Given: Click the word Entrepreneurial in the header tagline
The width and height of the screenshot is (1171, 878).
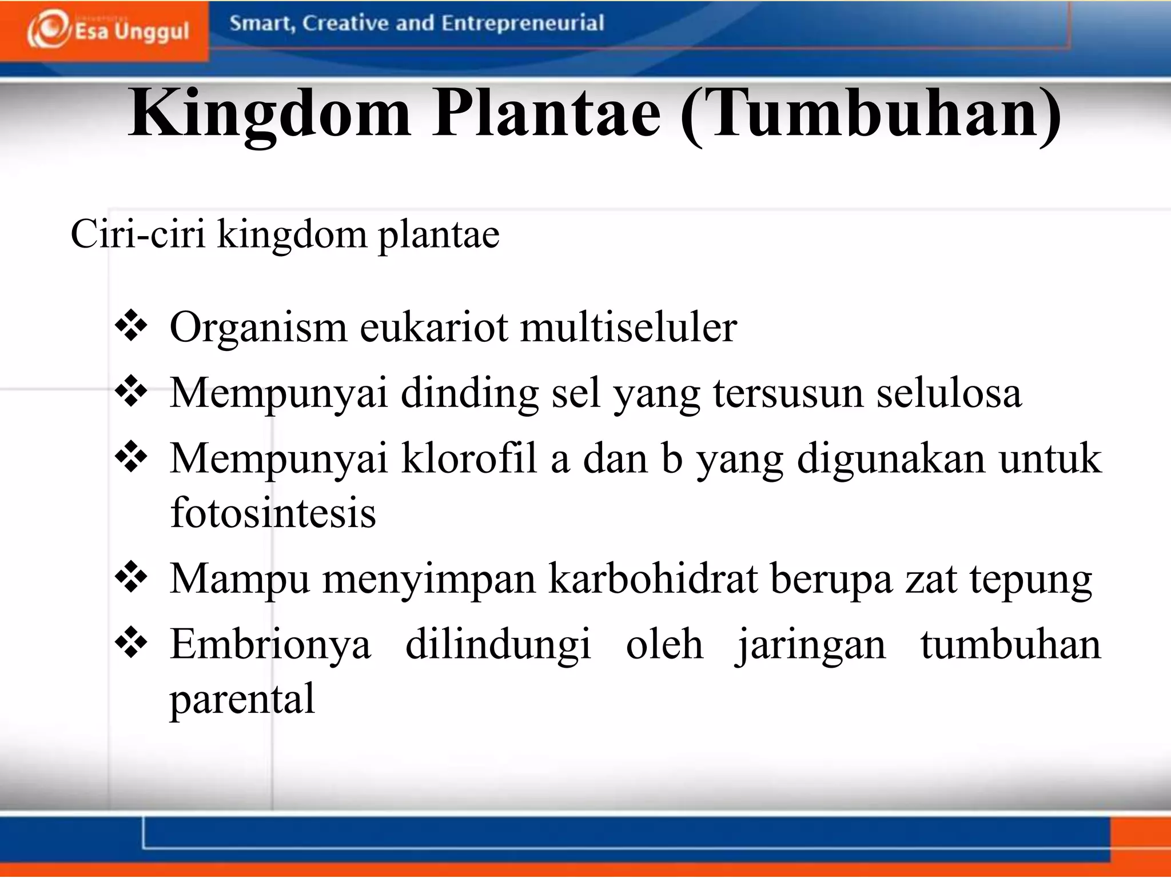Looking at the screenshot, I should click(523, 23).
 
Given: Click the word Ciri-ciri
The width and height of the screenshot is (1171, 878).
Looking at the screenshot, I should click(138, 234).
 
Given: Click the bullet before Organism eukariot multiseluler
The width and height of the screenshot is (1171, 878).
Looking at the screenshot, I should click(132, 326).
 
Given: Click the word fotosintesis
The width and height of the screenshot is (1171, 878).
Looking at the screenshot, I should click(273, 512).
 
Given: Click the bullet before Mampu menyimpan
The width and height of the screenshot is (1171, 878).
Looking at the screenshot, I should click(132, 577).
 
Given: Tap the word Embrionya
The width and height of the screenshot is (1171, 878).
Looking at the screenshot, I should click(270, 645).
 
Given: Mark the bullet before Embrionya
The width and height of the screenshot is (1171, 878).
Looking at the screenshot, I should click(132, 642).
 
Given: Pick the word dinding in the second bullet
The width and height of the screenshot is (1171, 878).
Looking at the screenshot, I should click(469, 394).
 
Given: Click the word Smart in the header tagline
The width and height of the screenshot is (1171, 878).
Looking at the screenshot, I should click(261, 24).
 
